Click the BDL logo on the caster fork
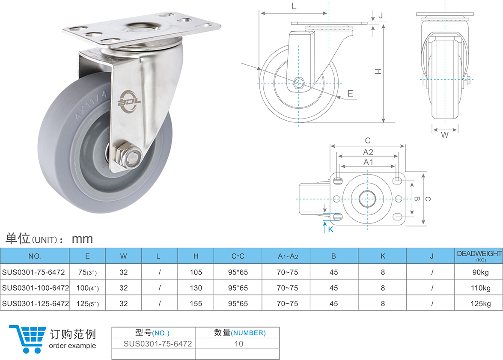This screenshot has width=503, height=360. point(129,102)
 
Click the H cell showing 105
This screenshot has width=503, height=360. point(196,272)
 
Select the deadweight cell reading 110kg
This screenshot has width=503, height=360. point(481,288)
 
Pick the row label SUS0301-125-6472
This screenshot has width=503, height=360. point(35,303)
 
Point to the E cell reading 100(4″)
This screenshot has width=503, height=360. point(88,288)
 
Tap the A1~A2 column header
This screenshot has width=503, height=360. point(288,256)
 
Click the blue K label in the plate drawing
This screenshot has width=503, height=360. point(331,229)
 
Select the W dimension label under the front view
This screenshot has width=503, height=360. point(445,135)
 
